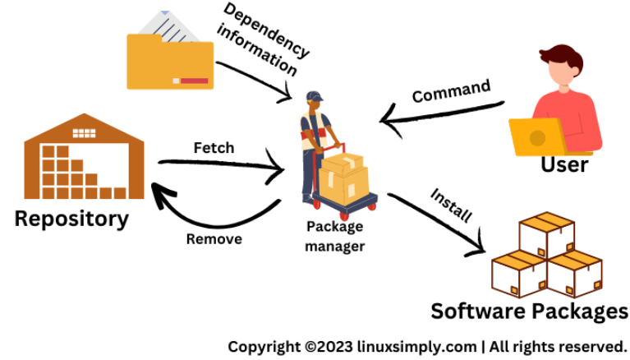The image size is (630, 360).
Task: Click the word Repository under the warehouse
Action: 71,219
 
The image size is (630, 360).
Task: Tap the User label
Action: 564,164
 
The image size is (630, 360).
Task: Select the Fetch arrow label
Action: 214,148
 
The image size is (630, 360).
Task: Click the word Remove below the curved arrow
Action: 214,239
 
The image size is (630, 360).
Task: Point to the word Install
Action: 451,205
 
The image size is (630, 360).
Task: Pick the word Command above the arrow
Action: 451,91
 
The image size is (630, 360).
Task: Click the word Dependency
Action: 266,30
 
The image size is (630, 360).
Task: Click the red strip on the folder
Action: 194,81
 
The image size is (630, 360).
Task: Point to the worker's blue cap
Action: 315,96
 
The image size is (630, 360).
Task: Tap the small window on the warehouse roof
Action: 84,133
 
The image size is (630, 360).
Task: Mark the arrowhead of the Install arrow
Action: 477,247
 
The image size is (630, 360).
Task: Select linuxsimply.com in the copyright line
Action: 416,347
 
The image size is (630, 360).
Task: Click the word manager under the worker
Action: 334,247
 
